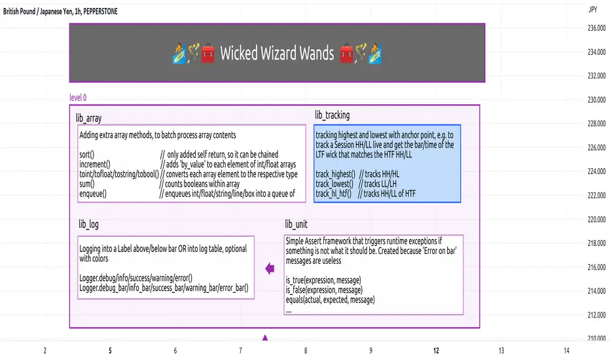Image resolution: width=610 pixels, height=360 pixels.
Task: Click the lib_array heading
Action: click(x=88, y=118)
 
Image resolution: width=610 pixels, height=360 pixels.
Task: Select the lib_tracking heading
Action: click(x=332, y=115)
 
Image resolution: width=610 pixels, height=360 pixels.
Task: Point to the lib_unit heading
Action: click(x=296, y=224)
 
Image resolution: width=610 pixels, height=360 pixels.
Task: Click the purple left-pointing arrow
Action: click(x=269, y=267)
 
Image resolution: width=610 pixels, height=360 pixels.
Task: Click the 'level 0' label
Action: click(x=78, y=98)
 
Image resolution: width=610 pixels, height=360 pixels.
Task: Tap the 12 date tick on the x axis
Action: click(x=437, y=351)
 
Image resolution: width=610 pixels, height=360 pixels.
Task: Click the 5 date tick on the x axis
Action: click(x=110, y=351)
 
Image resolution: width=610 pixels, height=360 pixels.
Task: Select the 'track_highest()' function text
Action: click(x=335, y=174)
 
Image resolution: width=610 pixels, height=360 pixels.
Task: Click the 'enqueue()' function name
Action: click(x=93, y=193)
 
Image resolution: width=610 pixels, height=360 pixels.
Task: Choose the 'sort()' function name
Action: click(x=87, y=155)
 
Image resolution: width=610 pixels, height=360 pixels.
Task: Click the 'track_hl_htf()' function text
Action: click(x=334, y=193)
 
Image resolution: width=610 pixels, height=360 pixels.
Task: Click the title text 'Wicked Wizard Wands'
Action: click(x=274, y=53)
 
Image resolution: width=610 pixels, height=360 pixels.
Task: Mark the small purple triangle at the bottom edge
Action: click(x=265, y=338)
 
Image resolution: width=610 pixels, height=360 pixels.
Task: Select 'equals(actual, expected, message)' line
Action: click(x=330, y=299)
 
